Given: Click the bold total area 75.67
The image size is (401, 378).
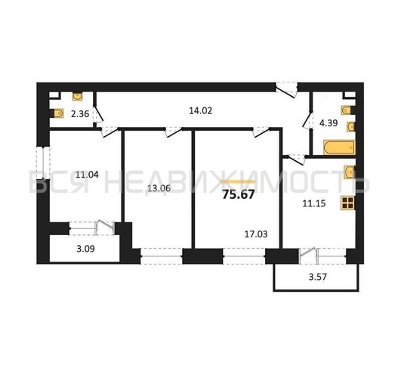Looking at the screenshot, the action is (x=239, y=194).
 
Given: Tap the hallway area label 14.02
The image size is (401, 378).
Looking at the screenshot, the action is (x=201, y=110).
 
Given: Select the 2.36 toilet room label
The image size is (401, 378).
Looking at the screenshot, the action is (x=80, y=113).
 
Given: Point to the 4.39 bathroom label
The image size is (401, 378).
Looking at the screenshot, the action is (x=329, y=123).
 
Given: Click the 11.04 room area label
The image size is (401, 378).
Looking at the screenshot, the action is (x=87, y=175).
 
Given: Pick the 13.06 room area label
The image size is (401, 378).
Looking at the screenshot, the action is (x=159, y=188).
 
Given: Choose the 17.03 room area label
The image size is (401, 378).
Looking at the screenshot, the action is (x=256, y=234).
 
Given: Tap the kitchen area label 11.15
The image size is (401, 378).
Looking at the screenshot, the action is (x=314, y=203).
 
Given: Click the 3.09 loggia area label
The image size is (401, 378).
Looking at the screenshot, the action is (x=85, y=249).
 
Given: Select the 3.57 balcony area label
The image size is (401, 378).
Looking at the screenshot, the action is (x=318, y=277).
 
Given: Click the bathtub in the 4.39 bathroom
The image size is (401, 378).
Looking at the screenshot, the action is (x=339, y=147).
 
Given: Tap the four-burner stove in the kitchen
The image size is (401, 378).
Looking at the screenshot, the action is (x=348, y=203).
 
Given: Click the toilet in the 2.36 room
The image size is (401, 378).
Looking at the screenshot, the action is (x=58, y=113).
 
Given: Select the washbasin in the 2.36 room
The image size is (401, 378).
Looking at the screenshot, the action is (x=77, y=97).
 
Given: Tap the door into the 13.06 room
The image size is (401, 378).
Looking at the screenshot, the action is (x=173, y=132).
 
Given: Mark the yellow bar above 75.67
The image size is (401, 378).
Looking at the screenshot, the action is (x=239, y=181).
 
